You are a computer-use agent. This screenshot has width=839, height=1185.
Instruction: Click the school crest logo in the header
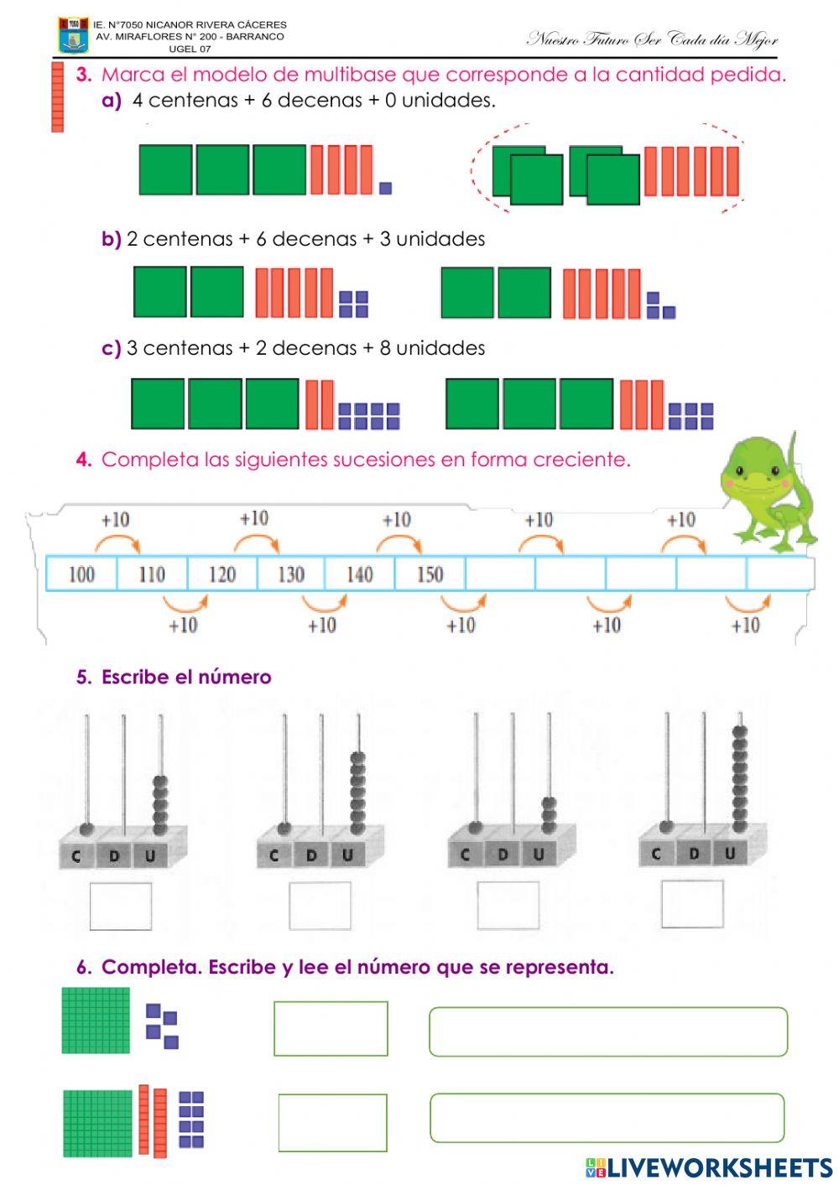(73, 35)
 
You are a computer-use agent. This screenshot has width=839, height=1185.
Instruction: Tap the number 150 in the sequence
(430, 574)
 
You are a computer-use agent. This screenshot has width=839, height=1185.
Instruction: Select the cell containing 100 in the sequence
(81, 574)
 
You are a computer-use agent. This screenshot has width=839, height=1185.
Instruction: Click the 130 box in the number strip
(291, 574)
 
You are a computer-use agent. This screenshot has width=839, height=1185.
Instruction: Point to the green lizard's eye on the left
(739, 470)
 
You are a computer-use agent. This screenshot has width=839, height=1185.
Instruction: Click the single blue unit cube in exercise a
(385, 189)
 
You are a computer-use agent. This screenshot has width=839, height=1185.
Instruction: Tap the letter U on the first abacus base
(150, 855)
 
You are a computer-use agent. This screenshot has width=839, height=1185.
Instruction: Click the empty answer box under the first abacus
(121, 907)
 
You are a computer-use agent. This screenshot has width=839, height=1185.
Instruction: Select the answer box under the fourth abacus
(692, 904)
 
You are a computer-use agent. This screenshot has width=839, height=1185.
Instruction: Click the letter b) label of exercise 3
(111, 239)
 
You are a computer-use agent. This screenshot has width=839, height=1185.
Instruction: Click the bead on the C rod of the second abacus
(284, 828)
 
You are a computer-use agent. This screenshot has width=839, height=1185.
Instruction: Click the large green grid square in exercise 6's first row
(96, 1021)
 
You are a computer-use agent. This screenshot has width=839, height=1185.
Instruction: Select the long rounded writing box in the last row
(607, 1118)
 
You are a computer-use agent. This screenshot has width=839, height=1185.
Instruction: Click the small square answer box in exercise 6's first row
(331, 1028)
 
